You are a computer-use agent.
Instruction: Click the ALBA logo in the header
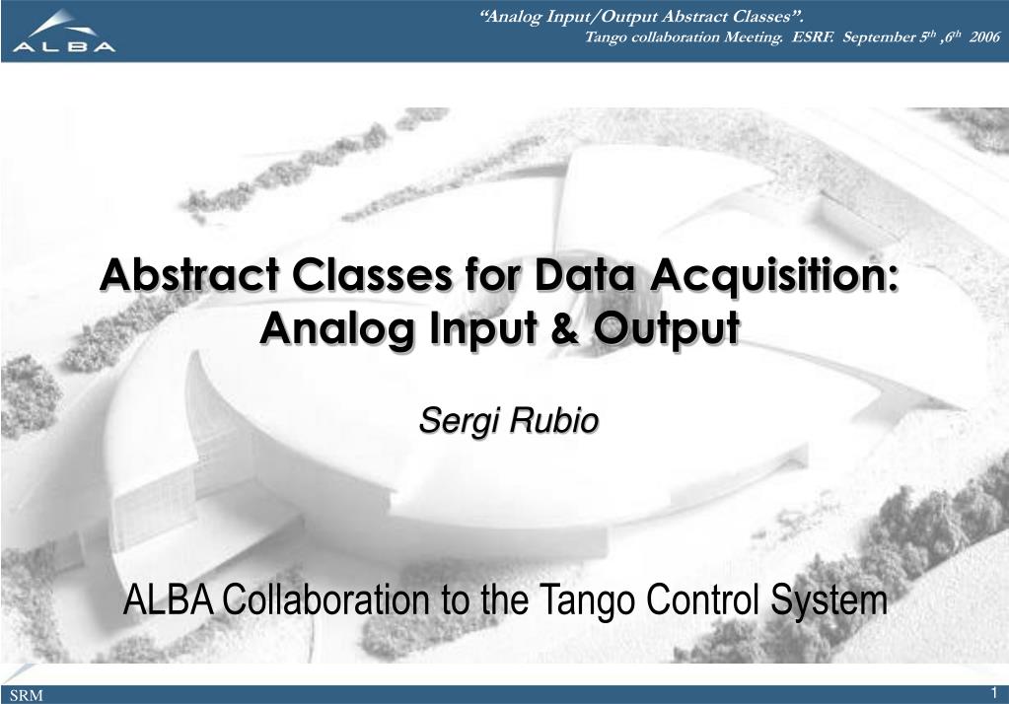click(x=64, y=31)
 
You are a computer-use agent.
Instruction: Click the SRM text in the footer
click(x=29, y=695)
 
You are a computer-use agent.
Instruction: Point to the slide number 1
click(x=994, y=691)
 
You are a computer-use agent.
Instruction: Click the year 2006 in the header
click(x=983, y=37)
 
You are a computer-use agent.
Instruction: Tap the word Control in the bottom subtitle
click(x=701, y=599)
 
